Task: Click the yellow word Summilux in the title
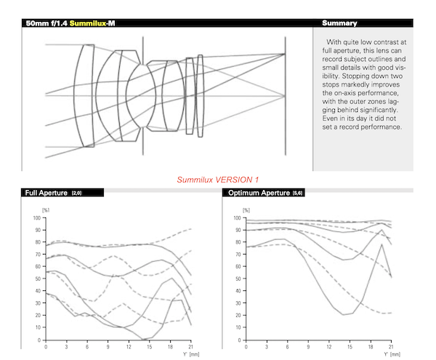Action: pos(88,23)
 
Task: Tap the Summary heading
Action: pos(339,23)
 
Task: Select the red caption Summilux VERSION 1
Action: pos(218,180)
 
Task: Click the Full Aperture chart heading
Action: pos(47,193)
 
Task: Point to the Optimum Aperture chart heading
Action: pos(259,193)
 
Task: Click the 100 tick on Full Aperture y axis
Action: pos(37,218)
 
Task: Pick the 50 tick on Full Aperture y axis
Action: pos(38,279)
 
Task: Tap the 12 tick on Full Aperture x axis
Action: pos(129,347)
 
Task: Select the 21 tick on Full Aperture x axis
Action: pos(190,347)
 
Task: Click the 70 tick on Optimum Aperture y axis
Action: pos(238,255)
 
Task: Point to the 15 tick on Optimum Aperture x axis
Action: pos(350,347)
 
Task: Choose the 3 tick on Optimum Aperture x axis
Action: pos(267,347)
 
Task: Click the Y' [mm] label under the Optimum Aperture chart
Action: pos(392,354)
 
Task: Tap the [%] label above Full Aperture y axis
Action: pos(46,210)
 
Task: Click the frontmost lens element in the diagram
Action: pos(84,95)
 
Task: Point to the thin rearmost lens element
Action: pos(201,96)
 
